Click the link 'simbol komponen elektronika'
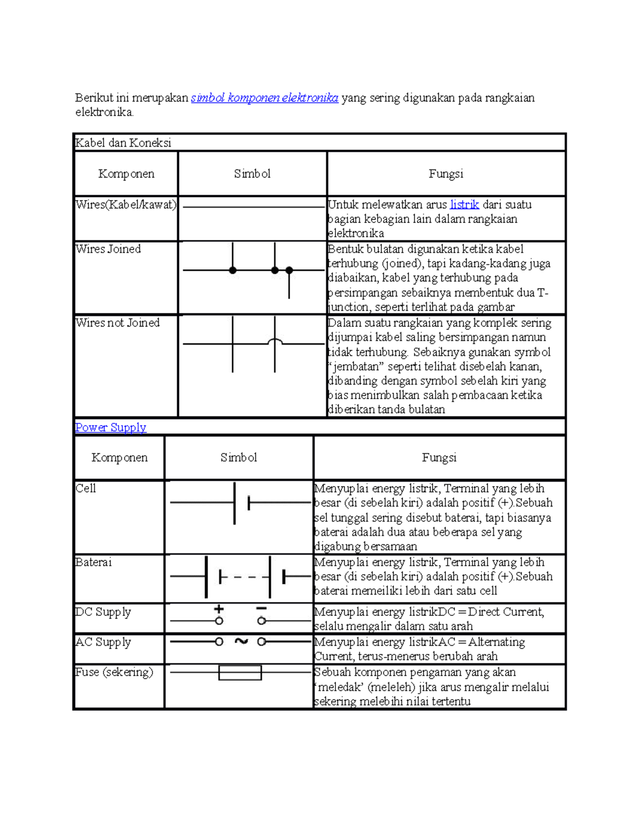tap(265, 98)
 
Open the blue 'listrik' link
tap(464, 205)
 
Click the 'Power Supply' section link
tap(110, 427)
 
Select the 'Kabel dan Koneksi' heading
tap(123, 143)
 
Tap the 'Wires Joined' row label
tap(108, 249)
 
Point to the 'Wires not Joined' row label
tap(117, 323)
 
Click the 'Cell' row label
tap(86, 488)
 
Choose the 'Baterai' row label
tap(93, 562)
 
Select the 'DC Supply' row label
tap(103, 612)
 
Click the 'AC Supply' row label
tap(103, 642)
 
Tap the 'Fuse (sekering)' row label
tap(114, 672)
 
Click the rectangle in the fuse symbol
tap(240, 673)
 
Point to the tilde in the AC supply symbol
tap(241, 641)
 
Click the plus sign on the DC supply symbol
tap(219, 609)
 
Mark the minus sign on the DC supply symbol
tap(261, 608)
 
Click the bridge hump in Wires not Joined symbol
tap(275, 341)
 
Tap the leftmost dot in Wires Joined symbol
tap(233, 270)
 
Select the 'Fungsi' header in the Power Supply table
tap(439, 457)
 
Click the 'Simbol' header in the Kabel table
tap(252, 174)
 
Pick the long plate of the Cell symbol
tap(235, 503)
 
